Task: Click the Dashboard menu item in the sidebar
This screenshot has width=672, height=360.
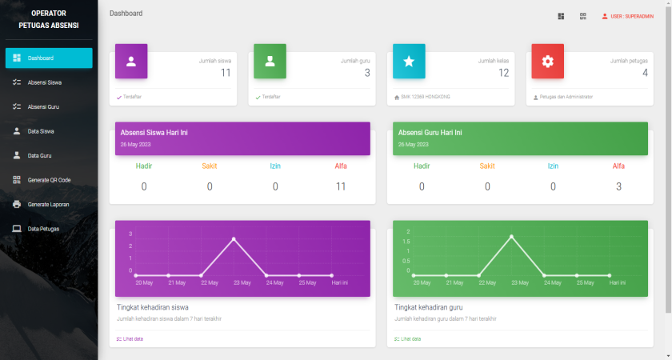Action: tap(48, 58)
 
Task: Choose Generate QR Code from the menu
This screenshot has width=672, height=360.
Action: tap(48, 180)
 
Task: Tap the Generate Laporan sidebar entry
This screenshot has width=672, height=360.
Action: tap(48, 204)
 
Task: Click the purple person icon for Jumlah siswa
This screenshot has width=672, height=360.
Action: tap(131, 62)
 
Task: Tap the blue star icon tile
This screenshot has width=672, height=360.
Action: tap(409, 62)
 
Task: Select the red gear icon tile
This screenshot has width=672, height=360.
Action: tap(548, 62)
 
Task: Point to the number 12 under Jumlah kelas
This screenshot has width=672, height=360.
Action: tap(503, 73)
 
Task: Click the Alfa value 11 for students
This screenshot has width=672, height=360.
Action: tap(340, 186)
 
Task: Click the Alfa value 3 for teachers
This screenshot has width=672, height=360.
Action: tap(618, 186)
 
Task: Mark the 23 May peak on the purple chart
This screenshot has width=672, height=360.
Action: tap(234, 239)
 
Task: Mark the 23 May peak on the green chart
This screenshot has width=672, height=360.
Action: tap(512, 236)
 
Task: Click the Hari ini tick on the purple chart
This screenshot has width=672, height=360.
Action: tap(340, 283)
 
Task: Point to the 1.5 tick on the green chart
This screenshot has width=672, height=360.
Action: tap(407, 251)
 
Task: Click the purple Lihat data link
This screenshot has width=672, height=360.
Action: tap(131, 339)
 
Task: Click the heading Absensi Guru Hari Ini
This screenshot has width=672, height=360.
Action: tap(430, 132)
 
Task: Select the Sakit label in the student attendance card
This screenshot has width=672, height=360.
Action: tap(210, 166)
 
